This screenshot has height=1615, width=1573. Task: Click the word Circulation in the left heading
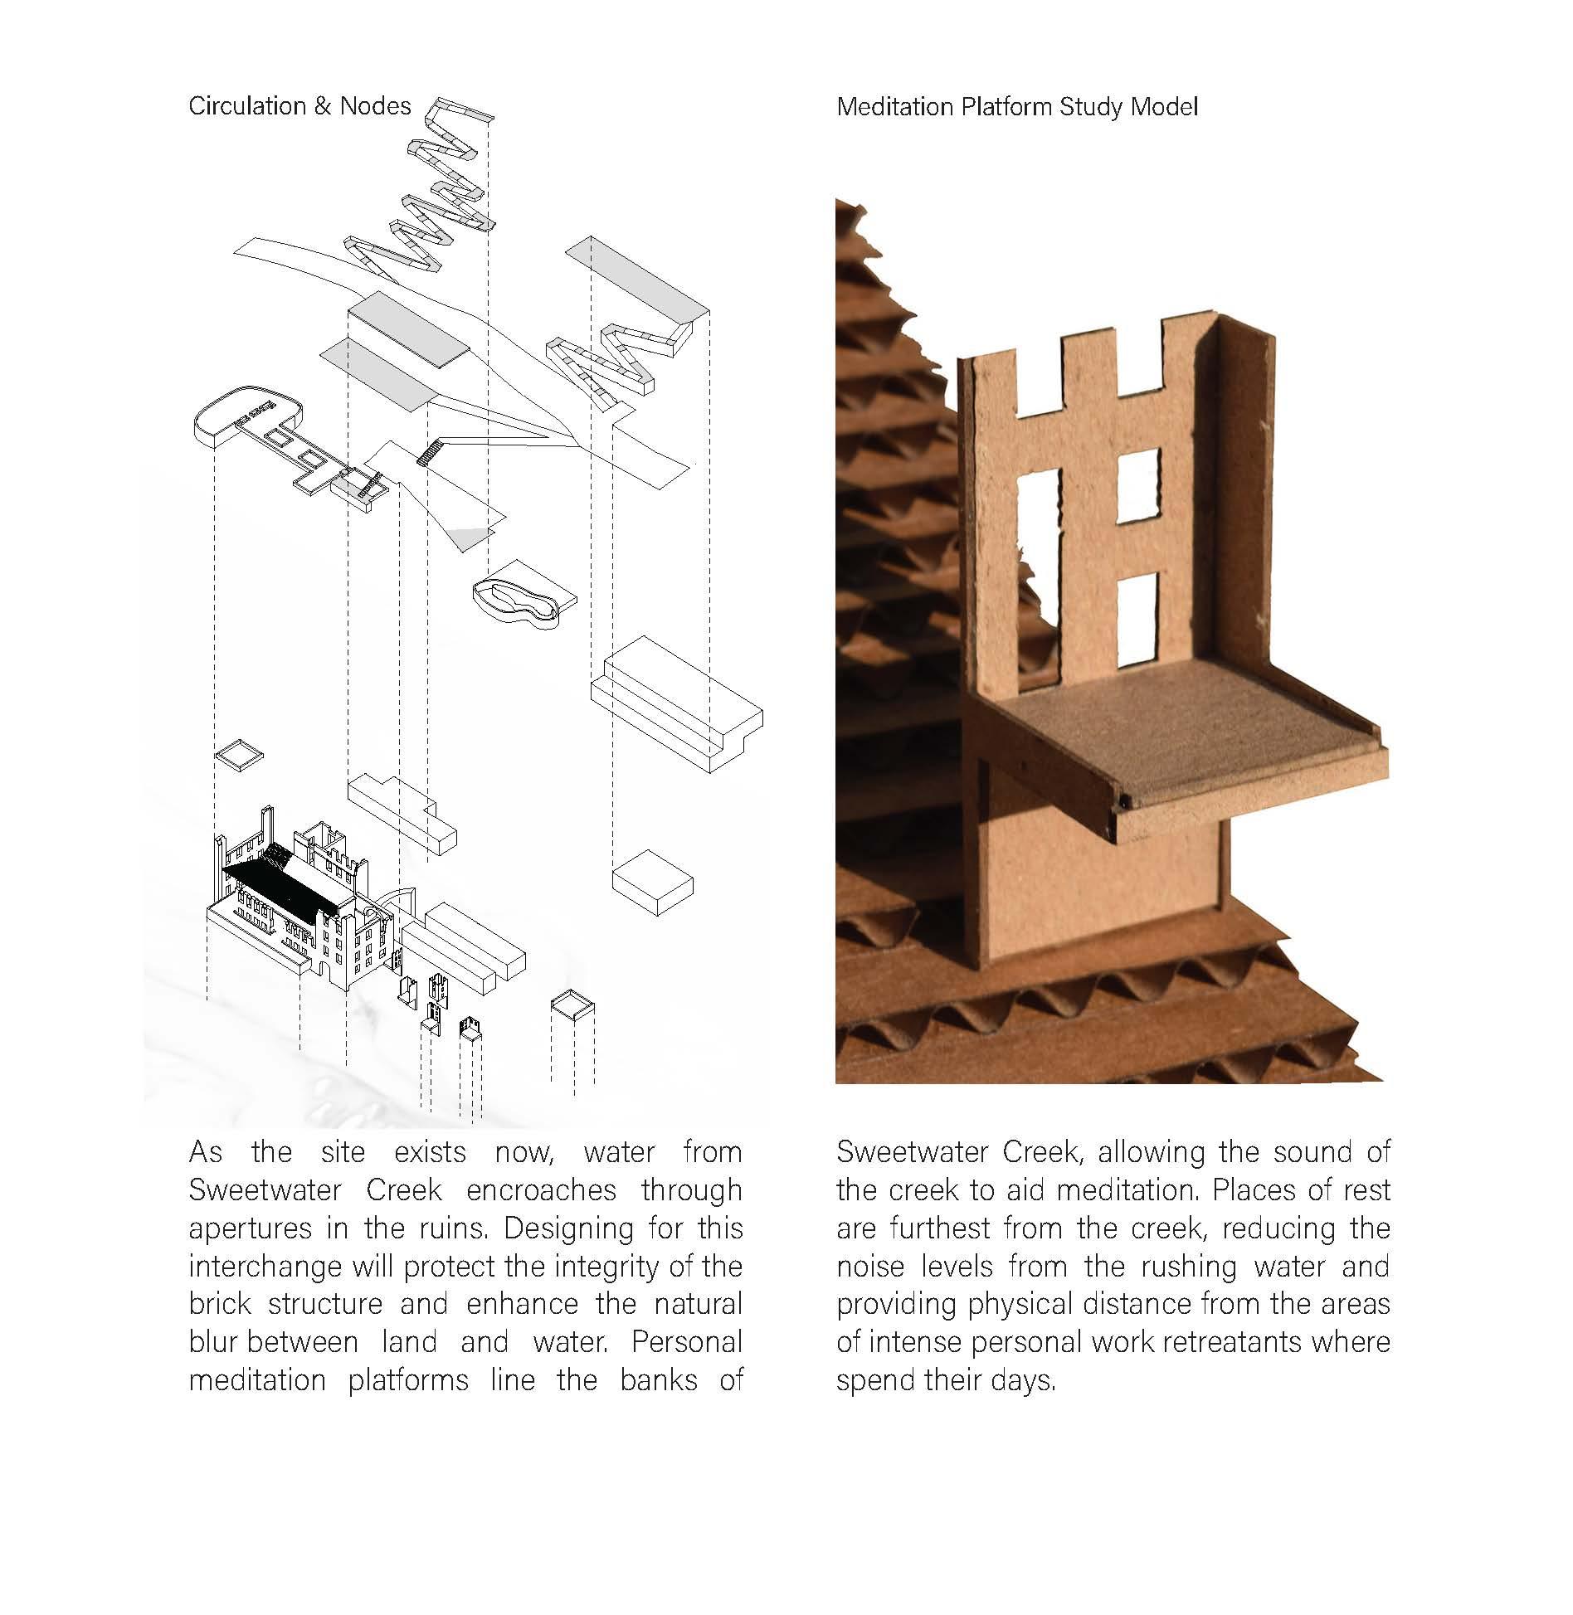pos(247,106)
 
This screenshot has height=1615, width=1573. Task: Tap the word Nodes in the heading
pos(375,106)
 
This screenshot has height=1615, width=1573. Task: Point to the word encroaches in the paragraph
pos(541,1190)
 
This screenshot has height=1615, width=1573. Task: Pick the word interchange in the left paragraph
pos(265,1267)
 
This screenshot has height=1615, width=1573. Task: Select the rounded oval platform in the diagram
pos(246,411)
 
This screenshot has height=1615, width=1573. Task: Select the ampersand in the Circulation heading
pos(323,106)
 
